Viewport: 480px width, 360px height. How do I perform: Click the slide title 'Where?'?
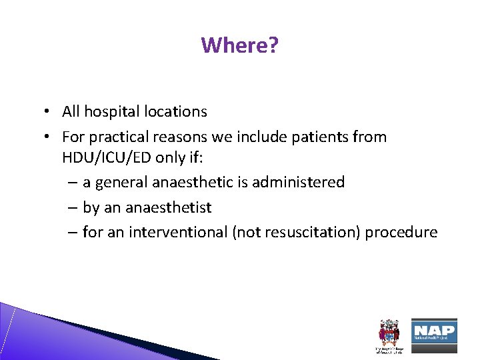(240, 45)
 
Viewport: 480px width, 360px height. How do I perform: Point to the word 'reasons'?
(175, 137)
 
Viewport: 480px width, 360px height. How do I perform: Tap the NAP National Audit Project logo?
(434, 332)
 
